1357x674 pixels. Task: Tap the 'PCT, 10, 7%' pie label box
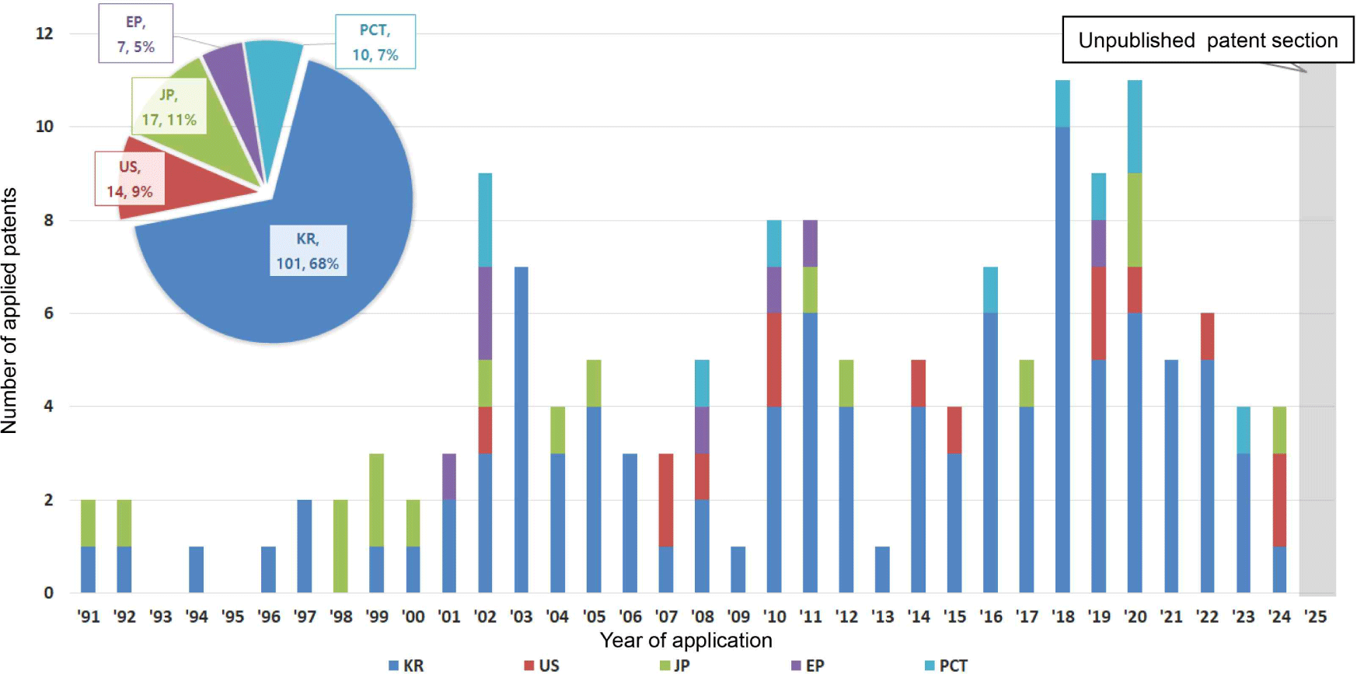(375, 42)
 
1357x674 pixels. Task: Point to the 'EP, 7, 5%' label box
(136, 34)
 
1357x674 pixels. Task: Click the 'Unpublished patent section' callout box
(1207, 40)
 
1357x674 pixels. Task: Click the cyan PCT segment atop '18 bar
(1062, 103)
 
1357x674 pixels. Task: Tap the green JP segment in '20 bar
(1135, 220)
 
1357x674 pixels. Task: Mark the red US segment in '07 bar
(666, 500)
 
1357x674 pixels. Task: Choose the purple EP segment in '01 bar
(449, 477)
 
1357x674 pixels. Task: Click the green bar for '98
(340, 546)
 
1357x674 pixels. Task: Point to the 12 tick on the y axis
(44, 33)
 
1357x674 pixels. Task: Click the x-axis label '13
(882, 616)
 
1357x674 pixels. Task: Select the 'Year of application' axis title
(685, 641)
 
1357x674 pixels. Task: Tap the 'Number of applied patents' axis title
(9, 311)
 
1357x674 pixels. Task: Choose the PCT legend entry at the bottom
(946, 665)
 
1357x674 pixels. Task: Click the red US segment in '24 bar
(1279, 500)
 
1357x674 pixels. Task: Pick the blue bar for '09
(738, 569)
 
